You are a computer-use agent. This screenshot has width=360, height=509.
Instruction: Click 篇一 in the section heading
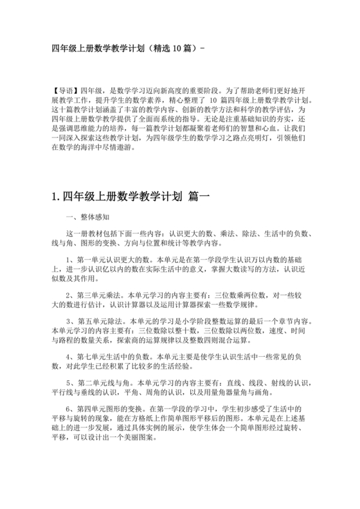pos(203,199)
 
